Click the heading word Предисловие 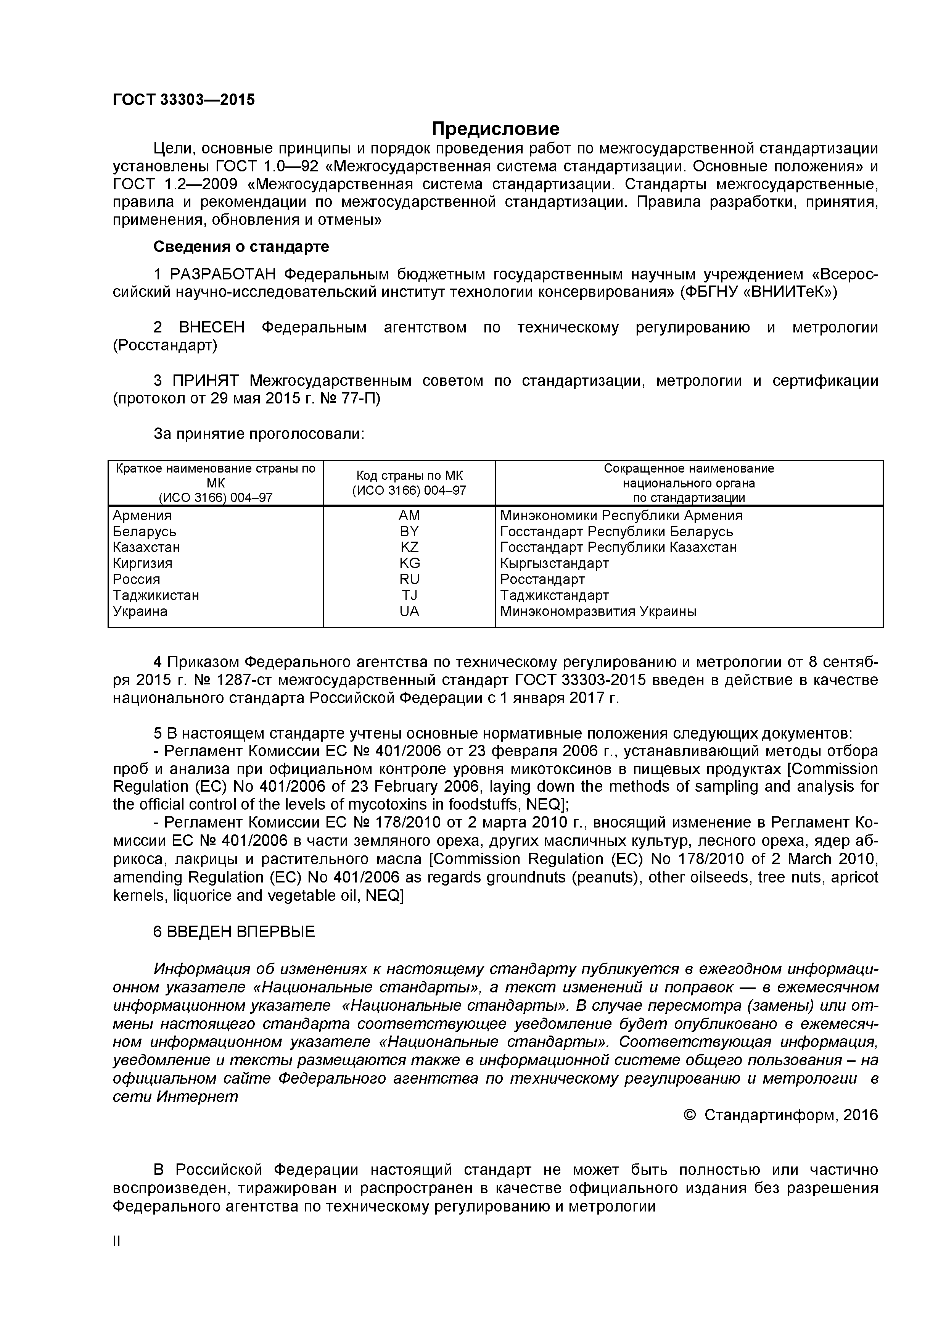click(x=496, y=128)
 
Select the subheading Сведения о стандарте click(x=241, y=247)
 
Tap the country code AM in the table click(x=409, y=516)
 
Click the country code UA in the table click(x=409, y=611)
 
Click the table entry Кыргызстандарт click(x=554, y=563)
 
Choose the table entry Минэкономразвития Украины click(x=598, y=611)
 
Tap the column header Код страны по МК click(x=409, y=475)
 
